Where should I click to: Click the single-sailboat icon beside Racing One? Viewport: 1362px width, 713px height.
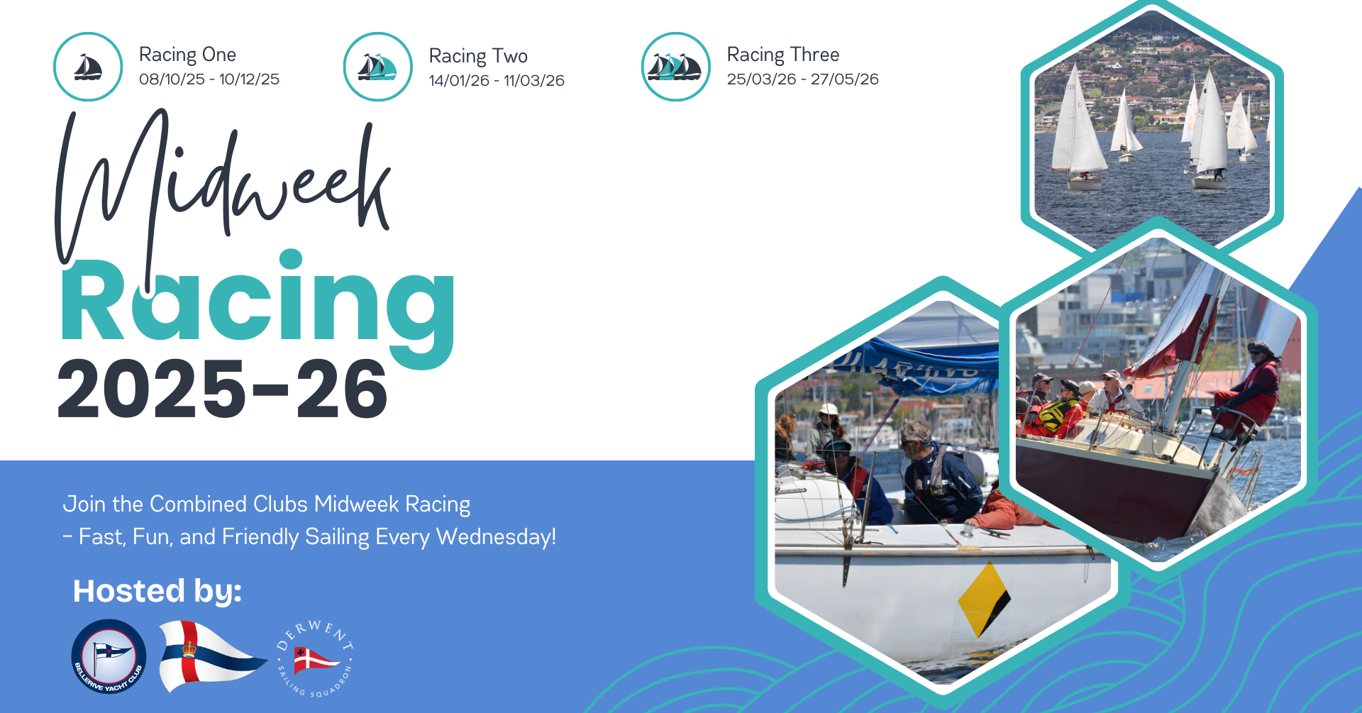tap(88, 67)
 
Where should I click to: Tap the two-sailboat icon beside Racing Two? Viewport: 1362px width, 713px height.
tap(378, 67)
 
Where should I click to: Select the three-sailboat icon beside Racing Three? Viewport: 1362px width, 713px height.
tap(676, 67)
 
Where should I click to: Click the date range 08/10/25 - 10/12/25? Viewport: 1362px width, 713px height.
tap(209, 79)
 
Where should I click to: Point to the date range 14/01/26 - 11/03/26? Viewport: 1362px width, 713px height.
tap(497, 80)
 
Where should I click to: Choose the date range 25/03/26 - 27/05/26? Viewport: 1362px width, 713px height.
tap(802, 79)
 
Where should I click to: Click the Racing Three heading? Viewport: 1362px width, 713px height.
tap(783, 55)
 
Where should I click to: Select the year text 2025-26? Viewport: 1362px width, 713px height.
tap(222, 389)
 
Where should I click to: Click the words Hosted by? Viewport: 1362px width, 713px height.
tap(157, 591)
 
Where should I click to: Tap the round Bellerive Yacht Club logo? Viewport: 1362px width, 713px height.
tap(109, 656)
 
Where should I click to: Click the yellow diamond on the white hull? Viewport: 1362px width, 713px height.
tap(984, 600)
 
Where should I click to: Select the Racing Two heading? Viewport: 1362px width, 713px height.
tap(478, 56)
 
